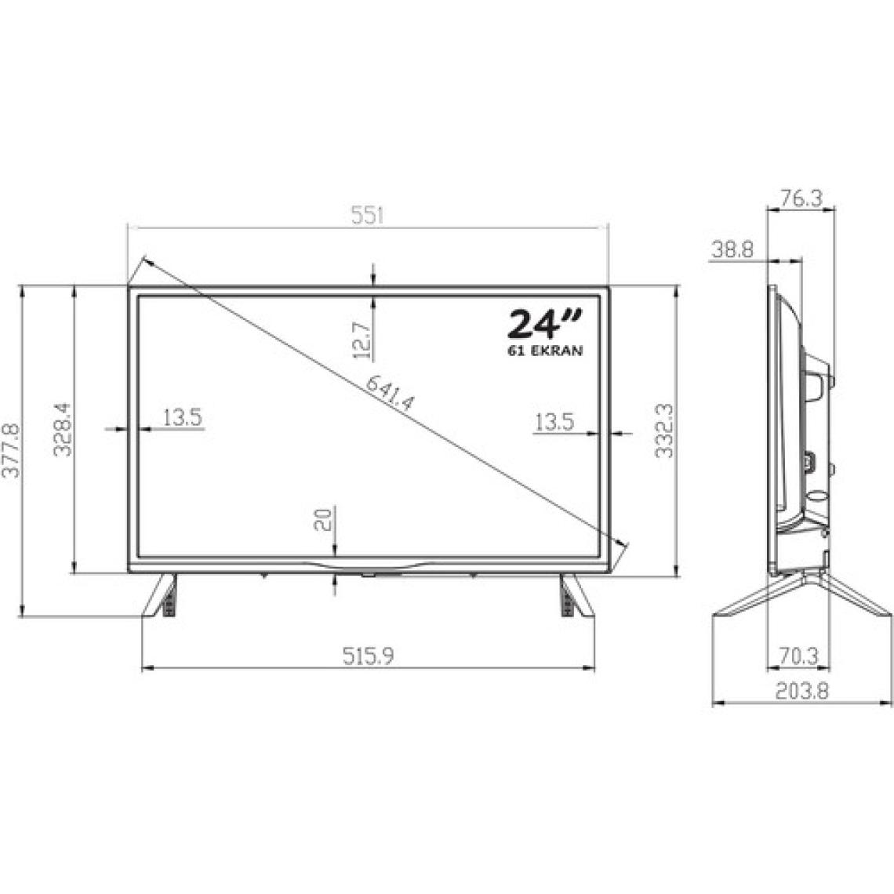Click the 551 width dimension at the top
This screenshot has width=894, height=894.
[x=368, y=216]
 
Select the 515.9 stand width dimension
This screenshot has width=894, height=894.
[x=368, y=656]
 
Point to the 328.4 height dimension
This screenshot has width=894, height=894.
[x=63, y=429]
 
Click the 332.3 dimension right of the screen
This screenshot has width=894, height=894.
[x=664, y=431]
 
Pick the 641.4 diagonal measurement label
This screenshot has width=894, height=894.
[x=390, y=394]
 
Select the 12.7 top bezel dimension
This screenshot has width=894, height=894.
[x=362, y=340]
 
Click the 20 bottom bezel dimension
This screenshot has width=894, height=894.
[x=323, y=519]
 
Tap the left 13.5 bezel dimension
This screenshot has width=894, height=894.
[x=183, y=418]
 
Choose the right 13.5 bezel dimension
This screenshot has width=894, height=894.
[x=554, y=423]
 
